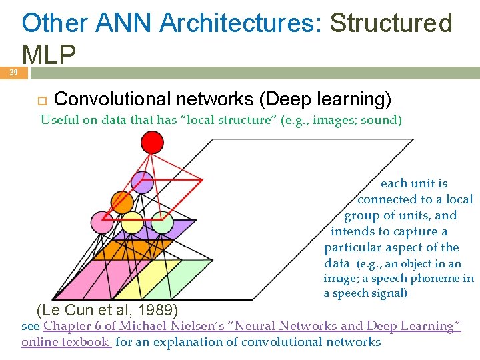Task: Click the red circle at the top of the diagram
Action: pos(153,142)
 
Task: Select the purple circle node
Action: pos(142,182)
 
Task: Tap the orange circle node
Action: pos(122,202)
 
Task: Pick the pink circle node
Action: pos(102,222)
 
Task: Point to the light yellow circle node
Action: pos(132,223)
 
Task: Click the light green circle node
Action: pos(162,223)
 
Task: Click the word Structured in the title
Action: pos(391,23)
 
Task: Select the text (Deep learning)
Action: pos(325,99)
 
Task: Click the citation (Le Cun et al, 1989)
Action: pos(106,309)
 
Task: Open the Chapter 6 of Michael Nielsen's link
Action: pos(252,326)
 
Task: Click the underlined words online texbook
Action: pos(65,342)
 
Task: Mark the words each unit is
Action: pos(413,183)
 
